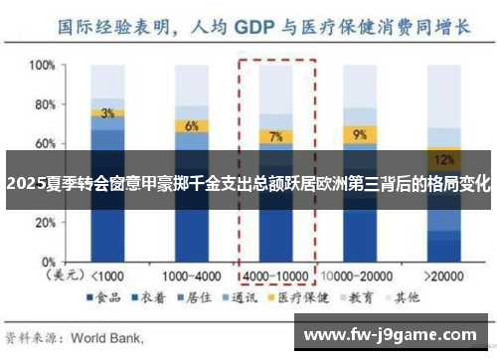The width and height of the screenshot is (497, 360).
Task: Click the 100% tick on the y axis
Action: [40, 66]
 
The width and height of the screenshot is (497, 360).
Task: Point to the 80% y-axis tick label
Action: [43, 104]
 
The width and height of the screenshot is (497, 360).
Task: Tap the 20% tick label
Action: [43, 221]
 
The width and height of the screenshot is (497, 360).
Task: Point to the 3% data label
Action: [107, 112]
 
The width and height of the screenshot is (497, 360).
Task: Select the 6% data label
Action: [191, 125]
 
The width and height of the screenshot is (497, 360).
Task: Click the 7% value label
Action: [275, 136]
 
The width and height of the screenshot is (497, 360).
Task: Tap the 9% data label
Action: [359, 133]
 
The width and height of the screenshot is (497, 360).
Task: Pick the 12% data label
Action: [444, 158]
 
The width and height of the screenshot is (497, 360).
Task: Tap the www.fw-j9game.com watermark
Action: [393, 332]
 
